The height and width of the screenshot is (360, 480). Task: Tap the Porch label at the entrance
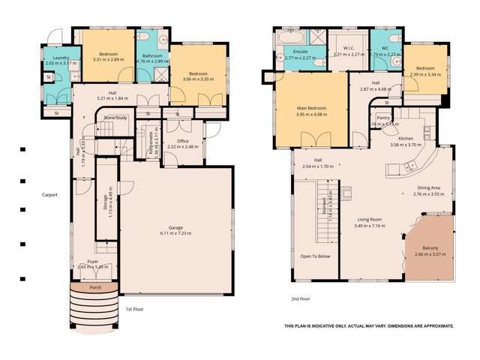coord(95,287)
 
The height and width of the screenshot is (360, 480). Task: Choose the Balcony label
coord(430,248)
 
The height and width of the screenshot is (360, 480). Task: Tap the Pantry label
coord(383,118)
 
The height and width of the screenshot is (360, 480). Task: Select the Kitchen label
coord(406,139)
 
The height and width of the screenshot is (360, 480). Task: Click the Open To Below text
coord(315,256)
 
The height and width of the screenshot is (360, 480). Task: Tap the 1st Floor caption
coord(134,308)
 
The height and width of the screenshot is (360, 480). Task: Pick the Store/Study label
coord(115,118)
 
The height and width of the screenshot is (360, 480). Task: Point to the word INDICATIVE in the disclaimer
coord(334,326)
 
